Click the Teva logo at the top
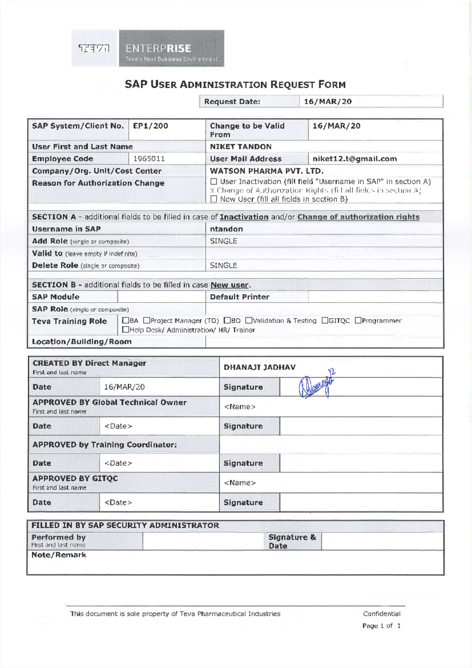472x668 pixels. (x=94, y=48)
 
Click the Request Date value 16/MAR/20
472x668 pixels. (x=328, y=102)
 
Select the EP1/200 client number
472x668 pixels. (x=151, y=126)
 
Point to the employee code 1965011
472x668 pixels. (x=149, y=159)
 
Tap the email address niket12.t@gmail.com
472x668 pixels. (x=354, y=159)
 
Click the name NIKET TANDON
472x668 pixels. (x=241, y=147)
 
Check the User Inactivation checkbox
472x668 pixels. (x=214, y=182)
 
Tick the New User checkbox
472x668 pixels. (x=214, y=199)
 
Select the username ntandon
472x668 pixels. (x=226, y=229)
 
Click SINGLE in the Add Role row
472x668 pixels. (x=223, y=241)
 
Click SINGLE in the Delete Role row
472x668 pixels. (x=223, y=265)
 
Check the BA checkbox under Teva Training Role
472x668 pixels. (x=125, y=321)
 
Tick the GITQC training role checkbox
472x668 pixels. (x=325, y=321)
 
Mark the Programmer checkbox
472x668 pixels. (x=358, y=321)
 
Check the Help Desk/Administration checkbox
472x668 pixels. (x=125, y=330)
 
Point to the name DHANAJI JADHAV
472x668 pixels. (x=260, y=367)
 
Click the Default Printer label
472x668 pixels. (x=240, y=297)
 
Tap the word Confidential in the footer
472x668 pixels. (x=382, y=614)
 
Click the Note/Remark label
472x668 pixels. (x=59, y=555)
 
